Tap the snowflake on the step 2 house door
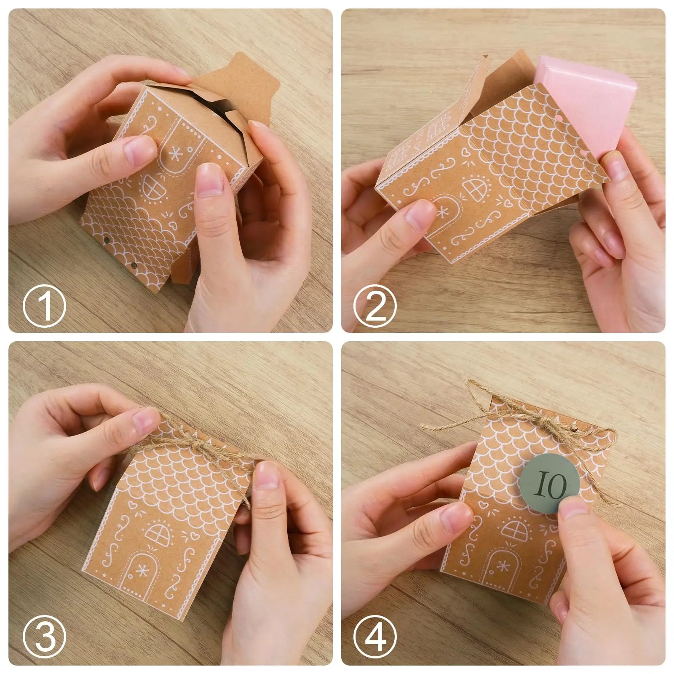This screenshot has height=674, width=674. [443, 213]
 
